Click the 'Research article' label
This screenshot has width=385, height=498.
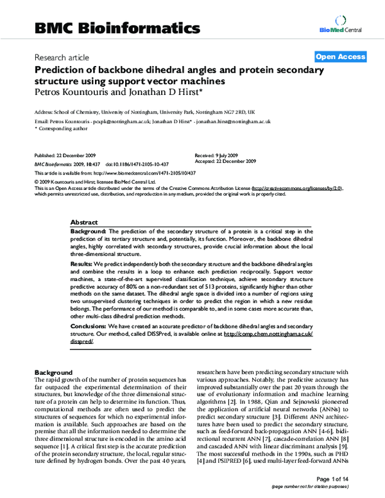coord(62,58)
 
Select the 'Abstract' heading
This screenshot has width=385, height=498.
coord(84,220)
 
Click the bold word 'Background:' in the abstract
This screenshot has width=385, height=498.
coord(89,230)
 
